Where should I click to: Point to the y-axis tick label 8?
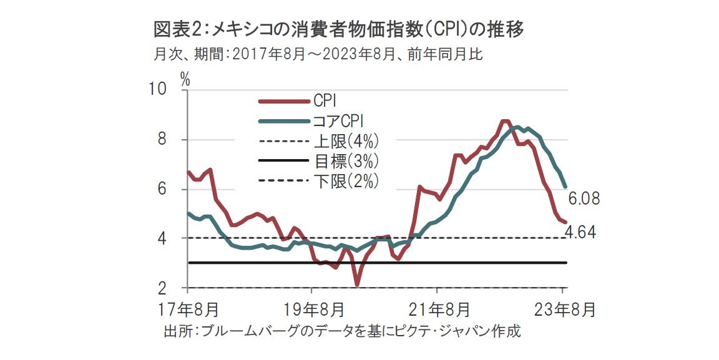[x=163, y=140]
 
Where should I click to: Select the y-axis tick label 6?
[x=163, y=189]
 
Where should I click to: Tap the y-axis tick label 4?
[x=163, y=238]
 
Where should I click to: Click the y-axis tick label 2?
[x=163, y=288]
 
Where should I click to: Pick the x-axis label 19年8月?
[x=312, y=309]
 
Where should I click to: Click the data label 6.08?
[x=584, y=200]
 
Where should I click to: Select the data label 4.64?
[x=580, y=233]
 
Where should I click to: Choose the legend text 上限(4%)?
[x=346, y=140]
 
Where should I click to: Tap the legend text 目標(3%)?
[x=346, y=161]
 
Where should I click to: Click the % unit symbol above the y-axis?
[x=185, y=78]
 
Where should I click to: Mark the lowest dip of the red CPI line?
[x=357, y=285]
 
